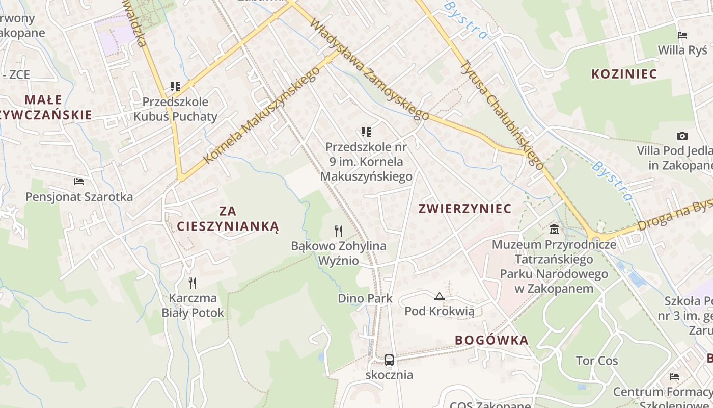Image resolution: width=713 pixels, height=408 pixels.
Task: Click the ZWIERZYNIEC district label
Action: (x=464, y=208)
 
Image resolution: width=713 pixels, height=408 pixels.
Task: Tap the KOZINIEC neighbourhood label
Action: (x=624, y=74)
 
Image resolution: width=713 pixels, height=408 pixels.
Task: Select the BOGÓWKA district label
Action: (x=491, y=340)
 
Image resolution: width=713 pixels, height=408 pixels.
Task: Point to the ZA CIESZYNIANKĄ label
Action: (x=228, y=218)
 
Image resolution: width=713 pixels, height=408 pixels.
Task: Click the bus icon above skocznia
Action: (x=389, y=360)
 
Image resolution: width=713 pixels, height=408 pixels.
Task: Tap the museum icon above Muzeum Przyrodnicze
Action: (x=554, y=229)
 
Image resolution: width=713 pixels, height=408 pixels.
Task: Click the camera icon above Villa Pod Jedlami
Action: (x=682, y=136)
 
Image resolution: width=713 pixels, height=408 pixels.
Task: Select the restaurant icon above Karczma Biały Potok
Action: (x=193, y=283)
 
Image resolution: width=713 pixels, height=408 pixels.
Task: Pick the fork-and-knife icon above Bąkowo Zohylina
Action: (x=339, y=231)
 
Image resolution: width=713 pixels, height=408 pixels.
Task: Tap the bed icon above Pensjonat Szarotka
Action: (x=78, y=181)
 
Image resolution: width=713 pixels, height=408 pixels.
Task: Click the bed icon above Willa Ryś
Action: (x=682, y=35)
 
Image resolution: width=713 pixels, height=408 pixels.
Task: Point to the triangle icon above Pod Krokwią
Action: (x=439, y=296)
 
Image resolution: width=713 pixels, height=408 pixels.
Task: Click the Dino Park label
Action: (x=365, y=298)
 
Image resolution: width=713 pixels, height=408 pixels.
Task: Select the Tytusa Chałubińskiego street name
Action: (x=502, y=115)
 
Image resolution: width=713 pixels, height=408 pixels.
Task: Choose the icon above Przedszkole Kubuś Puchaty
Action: (x=175, y=87)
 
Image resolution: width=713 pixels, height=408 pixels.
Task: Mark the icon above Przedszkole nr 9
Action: (x=366, y=132)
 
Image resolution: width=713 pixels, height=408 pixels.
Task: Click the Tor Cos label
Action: (x=597, y=361)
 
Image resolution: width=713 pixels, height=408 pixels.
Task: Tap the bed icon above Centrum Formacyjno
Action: (x=674, y=377)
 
